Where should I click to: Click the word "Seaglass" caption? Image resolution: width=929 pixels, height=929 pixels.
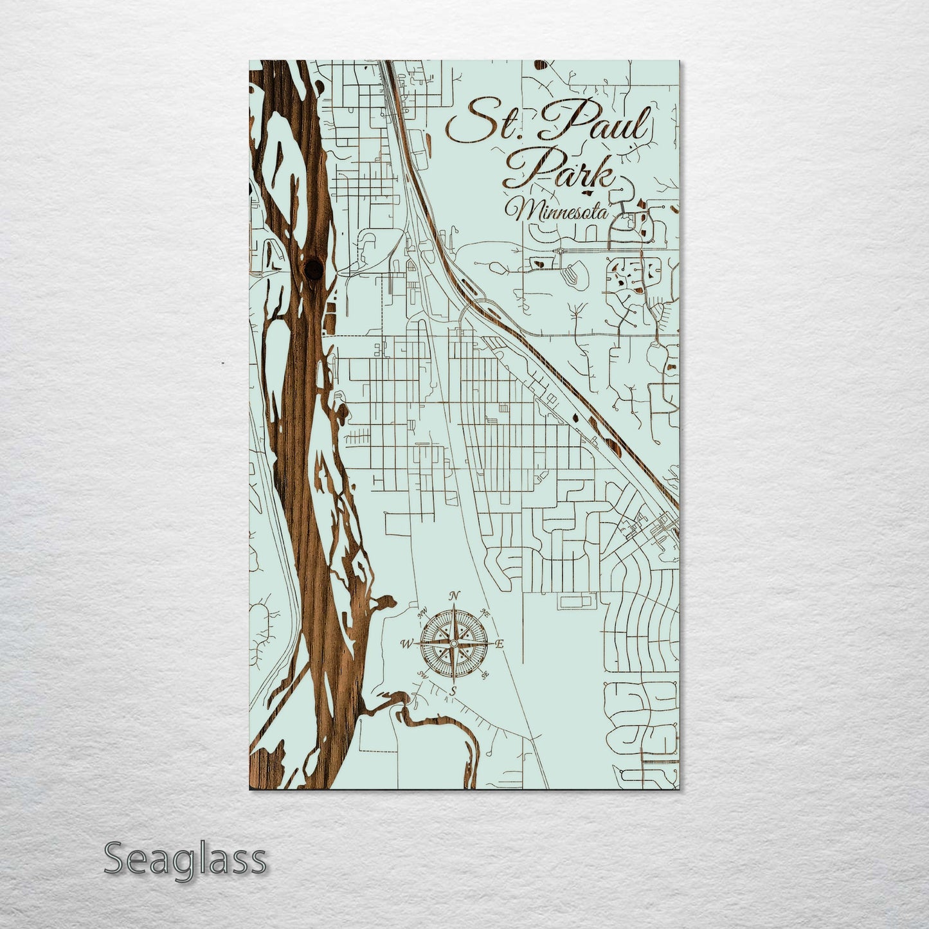tap(185, 860)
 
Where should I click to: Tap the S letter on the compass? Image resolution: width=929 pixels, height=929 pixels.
tap(453, 690)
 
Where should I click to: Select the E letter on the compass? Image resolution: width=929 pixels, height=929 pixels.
tap(501, 644)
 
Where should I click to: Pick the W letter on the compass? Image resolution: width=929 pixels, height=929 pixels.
tap(406, 644)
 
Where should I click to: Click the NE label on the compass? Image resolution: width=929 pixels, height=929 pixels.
tap(485, 615)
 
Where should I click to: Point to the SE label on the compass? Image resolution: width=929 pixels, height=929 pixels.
tap(485, 674)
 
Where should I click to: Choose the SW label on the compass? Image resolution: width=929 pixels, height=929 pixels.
tap(422, 674)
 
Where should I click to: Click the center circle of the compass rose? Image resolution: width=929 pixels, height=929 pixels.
tap(454, 643)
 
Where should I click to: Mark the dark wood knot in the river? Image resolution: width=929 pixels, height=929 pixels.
tap(313, 267)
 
